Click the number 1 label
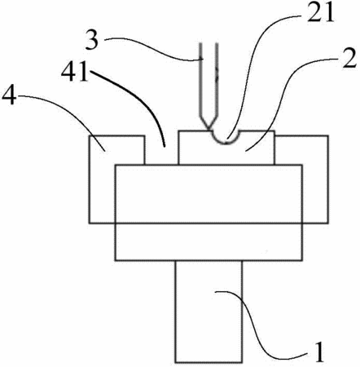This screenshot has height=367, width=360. click(x=319, y=352)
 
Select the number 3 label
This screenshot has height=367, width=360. click(x=92, y=40)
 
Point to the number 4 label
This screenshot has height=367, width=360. click(x=8, y=97)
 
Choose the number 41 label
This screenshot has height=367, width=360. click(x=75, y=72)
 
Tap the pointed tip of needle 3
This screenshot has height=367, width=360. click(x=209, y=128)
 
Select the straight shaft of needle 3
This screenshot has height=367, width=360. click(x=209, y=79)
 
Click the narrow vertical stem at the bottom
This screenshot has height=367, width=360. click(x=209, y=312)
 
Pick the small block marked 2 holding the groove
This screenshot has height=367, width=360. click(x=226, y=148)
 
